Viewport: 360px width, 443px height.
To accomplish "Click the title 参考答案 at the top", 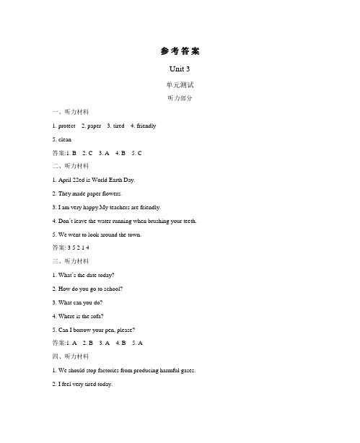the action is point(180,51).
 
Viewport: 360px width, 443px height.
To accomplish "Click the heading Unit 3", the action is point(180,69).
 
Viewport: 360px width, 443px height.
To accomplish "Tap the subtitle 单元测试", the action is point(180,84).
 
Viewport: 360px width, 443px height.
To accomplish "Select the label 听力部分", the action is point(180,98).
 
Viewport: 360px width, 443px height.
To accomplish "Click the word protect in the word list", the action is point(64,126).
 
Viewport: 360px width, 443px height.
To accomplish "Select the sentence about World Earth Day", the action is point(94,179).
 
